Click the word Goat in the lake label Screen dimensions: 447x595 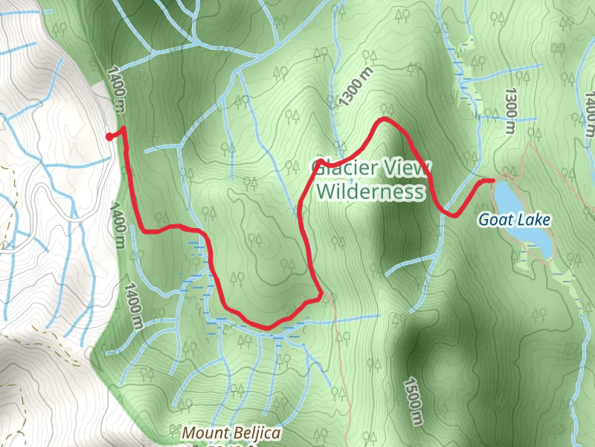494,220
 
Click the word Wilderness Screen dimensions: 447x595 370,192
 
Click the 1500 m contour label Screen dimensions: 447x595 413,403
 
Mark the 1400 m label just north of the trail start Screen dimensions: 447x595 115,90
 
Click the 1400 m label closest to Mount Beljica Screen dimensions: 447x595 133,305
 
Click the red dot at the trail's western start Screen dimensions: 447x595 109,136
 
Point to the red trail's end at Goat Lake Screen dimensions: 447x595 492,180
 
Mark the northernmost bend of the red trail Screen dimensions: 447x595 385,119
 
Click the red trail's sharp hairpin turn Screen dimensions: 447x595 320,297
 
